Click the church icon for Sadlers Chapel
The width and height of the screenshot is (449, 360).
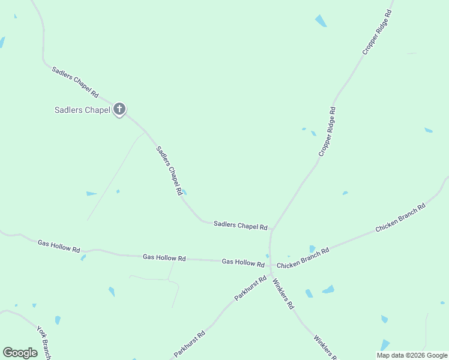click(x=119, y=109)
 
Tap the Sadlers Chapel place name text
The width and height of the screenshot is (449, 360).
click(x=82, y=110)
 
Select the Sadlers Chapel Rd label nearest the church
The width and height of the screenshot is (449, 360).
click(x=75, y=82)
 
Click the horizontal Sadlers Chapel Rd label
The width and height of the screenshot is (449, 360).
click(x=240, y=226)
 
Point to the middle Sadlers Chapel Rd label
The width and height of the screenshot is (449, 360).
click(x=169, y=171)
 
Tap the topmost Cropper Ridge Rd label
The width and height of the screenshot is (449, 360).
click(x=377, y=32)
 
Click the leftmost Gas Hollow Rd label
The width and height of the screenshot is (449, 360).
click(x=59, y=245)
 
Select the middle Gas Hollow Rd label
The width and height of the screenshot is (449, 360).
click(x=164, y=257)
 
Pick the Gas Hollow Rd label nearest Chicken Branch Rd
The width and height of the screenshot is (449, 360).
click(x=243, y=262)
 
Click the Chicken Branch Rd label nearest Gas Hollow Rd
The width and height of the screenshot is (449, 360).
click(x=303, y=258)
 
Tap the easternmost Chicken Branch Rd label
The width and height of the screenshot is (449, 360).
click(x=400, y=217)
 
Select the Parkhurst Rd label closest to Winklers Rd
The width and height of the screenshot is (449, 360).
click(x=250, y=288)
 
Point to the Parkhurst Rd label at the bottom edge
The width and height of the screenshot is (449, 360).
click(x=190, y=344)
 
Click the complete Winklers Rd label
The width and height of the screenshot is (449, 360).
click(x=283, y=293)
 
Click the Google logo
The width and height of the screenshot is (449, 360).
click(x=20, y=353)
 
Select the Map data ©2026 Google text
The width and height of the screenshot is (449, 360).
click(x=412, y=355)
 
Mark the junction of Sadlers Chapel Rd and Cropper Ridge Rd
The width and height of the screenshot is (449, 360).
click(x=272, y=229)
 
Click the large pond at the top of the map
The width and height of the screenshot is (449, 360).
click(x=321, y=20)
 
